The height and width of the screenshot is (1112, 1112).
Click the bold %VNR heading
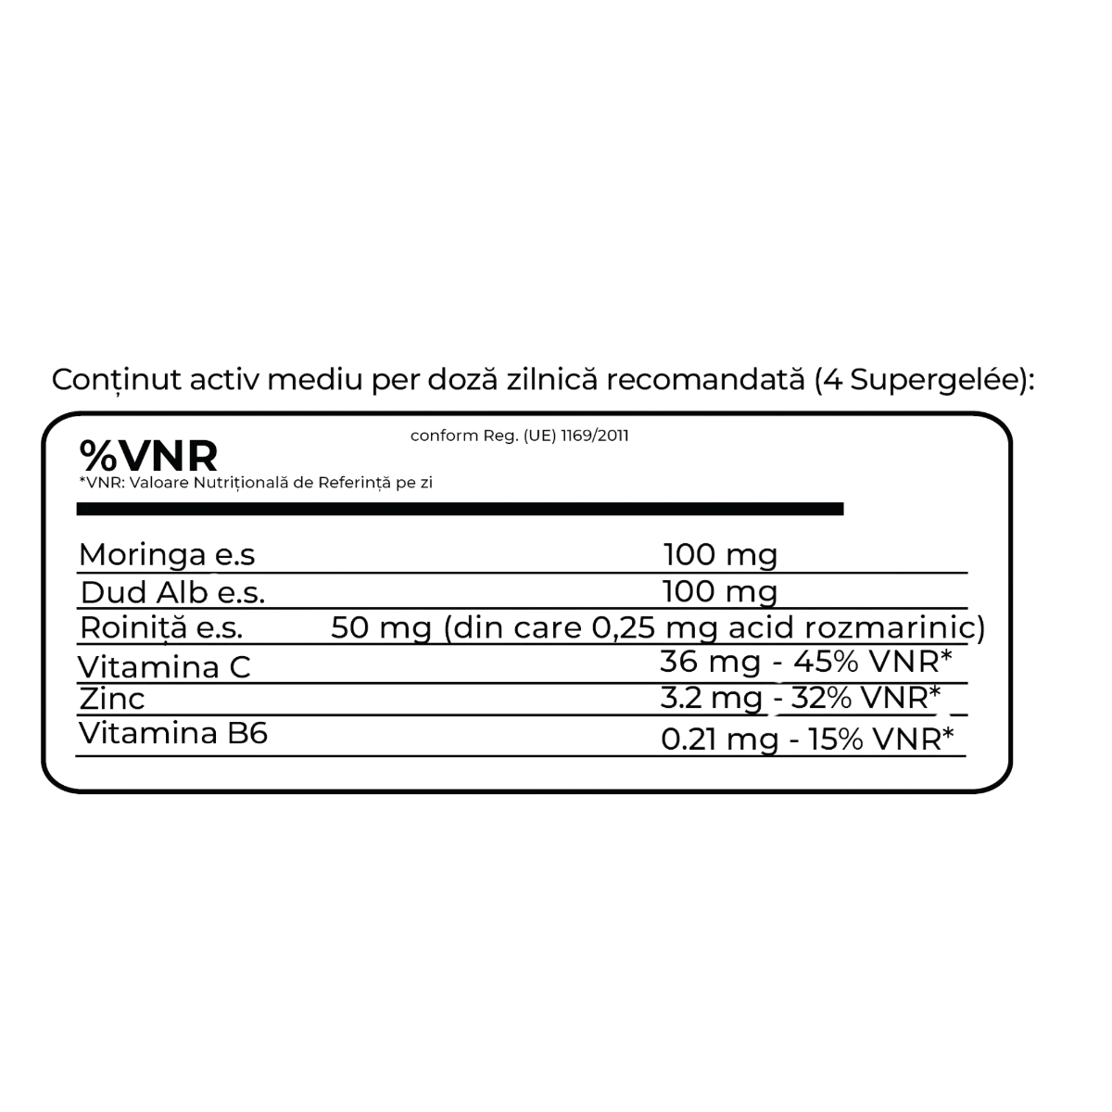point(148,456)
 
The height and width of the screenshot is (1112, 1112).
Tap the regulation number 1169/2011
point(595,436)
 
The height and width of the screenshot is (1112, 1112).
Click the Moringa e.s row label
point(167,554)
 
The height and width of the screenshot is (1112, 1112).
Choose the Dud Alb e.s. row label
point(172,593)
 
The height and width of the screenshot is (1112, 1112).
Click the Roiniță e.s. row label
point(161,628)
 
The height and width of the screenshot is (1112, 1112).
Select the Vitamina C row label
point(164,667)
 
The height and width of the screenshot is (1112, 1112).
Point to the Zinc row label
point(112,699)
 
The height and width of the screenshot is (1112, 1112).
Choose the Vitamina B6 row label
point(173,733)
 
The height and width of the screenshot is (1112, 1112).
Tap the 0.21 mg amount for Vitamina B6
point(720,740)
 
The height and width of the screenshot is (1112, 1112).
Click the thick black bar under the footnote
point(460,509)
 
